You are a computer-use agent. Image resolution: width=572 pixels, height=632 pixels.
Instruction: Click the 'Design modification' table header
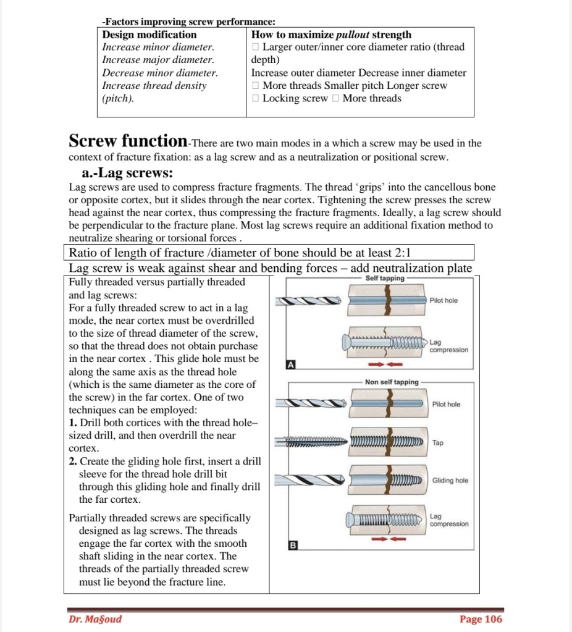point(149,35)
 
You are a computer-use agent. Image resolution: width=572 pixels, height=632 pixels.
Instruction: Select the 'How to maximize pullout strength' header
point(331,35)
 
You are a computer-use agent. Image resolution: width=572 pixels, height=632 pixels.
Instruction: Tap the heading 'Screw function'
point(128,141)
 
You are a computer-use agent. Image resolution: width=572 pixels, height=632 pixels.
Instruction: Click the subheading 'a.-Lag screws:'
point(127,173)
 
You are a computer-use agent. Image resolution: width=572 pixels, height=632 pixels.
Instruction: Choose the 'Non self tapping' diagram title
point(392,382)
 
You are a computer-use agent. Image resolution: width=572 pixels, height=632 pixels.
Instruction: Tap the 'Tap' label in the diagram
point(438,443)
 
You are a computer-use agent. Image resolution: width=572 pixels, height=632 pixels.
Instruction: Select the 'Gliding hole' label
point(450,480)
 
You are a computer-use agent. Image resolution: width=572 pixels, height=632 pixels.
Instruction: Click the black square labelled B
point(293,545)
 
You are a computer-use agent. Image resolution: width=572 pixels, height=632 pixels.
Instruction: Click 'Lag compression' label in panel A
point(448,346)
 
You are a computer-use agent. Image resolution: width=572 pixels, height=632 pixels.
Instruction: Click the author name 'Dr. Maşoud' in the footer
point(95,619)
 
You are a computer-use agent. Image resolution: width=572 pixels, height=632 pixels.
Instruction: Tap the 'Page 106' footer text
point(481,619)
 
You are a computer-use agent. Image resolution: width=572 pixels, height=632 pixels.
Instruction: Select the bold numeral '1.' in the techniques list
point(74,423)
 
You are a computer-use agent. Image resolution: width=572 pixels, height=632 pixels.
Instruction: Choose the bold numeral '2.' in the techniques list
point(74,461)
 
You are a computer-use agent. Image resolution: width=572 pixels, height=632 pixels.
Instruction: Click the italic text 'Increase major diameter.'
point(158,60)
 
